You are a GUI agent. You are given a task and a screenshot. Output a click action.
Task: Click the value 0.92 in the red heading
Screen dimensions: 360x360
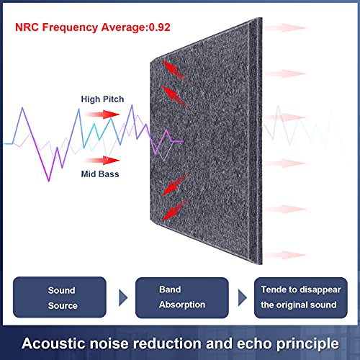(x=160, y=27)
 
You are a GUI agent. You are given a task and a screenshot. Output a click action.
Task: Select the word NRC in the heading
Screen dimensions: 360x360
(x=27, y=27)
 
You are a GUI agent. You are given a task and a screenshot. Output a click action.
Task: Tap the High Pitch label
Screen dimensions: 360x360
(x=102, y=99)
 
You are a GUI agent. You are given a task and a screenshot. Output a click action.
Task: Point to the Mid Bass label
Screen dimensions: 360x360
(x=100, y=174)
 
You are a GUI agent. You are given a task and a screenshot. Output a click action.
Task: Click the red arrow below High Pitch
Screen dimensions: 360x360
(x=102, y=114)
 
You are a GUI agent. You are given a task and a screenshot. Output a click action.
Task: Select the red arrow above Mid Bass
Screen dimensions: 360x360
(x=102, y=160)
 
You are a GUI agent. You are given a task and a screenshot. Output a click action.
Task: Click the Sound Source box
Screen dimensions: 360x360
(x=60, y=297)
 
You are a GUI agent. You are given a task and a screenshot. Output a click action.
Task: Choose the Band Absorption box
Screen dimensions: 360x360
(x=182, y=297)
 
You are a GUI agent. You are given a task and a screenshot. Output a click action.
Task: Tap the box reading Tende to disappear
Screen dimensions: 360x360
(x=301, y=297)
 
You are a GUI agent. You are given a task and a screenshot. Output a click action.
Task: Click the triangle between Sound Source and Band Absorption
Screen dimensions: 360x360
(x=122, y=297)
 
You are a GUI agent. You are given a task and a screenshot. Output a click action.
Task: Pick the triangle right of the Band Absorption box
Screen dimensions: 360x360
(x=242, y=297)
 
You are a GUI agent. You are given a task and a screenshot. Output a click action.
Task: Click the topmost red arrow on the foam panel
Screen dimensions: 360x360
(x=174, y=71)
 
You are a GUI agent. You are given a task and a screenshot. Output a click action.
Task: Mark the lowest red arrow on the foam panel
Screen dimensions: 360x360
(x=175, y=210)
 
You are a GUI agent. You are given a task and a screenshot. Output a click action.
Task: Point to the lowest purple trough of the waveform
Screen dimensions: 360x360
(x=49, y=181)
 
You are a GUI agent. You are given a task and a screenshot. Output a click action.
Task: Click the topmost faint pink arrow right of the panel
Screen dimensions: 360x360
(x=285, y=28)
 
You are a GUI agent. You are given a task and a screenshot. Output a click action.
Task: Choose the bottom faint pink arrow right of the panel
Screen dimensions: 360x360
(x=285, y=255)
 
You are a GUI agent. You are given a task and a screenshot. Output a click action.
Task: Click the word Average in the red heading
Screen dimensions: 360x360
(x=123, y=27)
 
